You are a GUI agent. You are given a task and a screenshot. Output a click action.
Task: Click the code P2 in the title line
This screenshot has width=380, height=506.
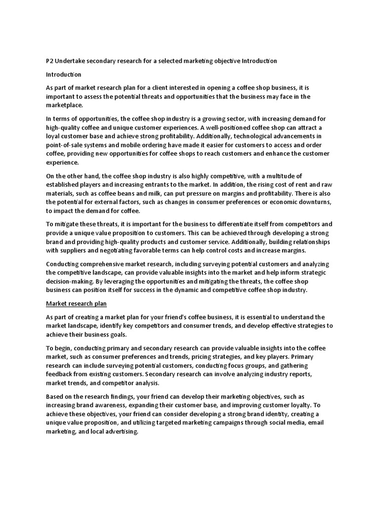(49, 61)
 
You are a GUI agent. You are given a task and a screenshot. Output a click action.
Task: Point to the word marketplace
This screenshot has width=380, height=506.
(64, 105)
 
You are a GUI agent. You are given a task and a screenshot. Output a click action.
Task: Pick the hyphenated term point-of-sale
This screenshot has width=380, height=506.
(67, 144)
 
